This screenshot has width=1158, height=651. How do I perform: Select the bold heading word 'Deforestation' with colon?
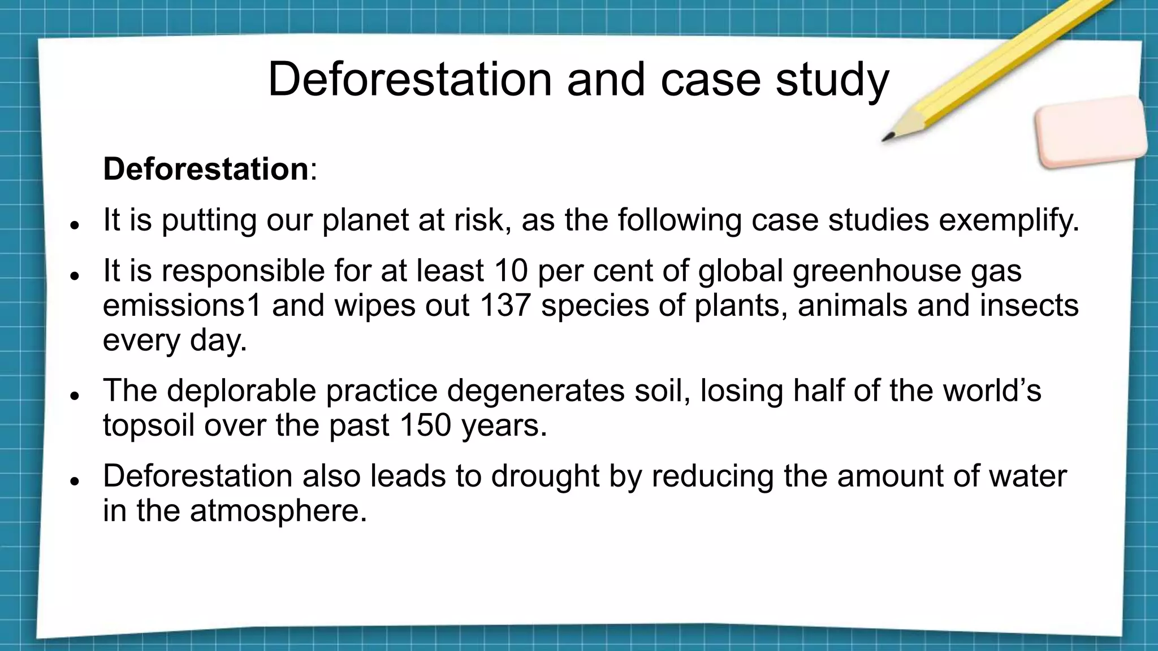pos(210,168)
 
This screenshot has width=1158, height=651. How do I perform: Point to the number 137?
pos(505,305)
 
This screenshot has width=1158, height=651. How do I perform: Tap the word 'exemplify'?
pos(1009,220)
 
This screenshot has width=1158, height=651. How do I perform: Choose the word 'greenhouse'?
pos(876,271)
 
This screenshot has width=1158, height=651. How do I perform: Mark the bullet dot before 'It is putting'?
pos(74,225)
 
